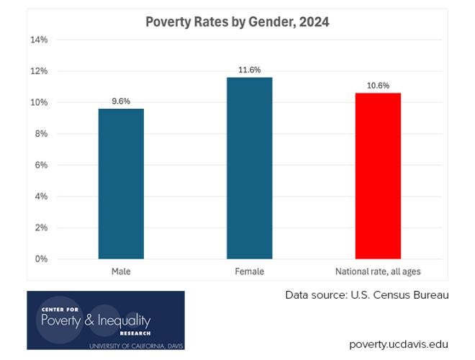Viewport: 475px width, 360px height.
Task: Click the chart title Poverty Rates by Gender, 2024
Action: pos(237,22)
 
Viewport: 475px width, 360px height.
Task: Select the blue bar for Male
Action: pos(121,184)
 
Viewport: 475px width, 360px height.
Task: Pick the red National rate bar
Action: pos(378,176)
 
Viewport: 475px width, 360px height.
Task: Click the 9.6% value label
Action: pos(121,102)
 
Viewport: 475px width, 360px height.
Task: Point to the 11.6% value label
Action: pos(249,70)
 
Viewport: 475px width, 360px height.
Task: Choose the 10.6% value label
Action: pos(378,86)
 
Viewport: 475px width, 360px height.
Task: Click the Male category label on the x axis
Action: pos(121,271)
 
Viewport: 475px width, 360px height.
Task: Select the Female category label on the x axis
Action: pos(249,271)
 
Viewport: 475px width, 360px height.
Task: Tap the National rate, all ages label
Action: pos(378,271)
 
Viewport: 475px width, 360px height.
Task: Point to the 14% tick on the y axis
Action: pos(39,40)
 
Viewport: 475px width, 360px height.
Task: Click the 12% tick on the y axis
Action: pos(39,71)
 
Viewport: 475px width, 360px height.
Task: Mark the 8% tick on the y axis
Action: pos(41,134)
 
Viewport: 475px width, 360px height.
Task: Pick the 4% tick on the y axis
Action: pos(41,197)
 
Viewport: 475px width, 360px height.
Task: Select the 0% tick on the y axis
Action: pos(41,259)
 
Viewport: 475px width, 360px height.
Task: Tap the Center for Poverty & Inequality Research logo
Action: pos(106,320)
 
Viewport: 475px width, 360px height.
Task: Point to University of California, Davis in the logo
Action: pos(136,346)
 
